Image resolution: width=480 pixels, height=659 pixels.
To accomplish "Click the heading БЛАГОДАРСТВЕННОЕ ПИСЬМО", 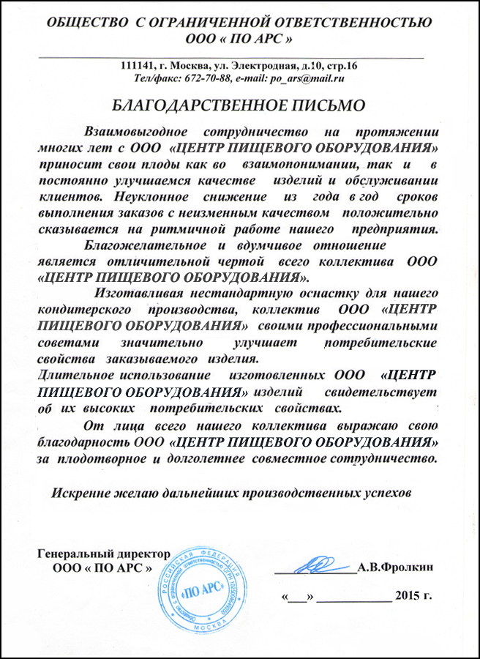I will tap(240, 104).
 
